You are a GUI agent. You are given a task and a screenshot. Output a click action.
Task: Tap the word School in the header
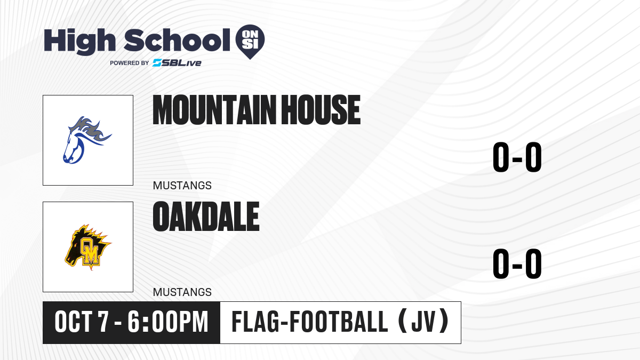point(177,41)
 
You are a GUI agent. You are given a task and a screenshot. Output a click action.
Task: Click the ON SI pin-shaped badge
point(250,42)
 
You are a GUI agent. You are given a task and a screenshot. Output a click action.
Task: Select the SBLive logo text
point(177,63)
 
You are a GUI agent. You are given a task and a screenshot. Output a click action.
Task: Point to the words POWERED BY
point(129,63)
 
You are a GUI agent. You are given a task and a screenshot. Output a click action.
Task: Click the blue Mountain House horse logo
point(87,140)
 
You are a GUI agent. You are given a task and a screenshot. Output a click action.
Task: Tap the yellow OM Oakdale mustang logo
point(87,247)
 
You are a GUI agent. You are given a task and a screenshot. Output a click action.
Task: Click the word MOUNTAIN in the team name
point(214,110)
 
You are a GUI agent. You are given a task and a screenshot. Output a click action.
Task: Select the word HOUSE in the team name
point(321,110)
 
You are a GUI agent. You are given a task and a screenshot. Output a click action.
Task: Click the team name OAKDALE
point(206,217)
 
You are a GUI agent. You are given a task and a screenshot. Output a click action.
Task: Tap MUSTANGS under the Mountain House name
point(182,186)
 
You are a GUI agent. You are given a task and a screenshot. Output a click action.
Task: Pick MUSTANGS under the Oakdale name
point(182,292)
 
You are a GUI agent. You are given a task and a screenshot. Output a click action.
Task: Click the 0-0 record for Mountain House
point(517,157)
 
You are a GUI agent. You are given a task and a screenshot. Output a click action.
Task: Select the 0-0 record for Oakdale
point(517,263)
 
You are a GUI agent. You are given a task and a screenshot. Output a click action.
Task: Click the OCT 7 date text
point(82,322)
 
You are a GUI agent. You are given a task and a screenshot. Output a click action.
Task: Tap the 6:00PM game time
point(167,322)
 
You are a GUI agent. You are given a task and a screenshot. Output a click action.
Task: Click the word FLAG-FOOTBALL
point(310,322)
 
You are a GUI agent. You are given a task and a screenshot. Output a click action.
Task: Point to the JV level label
point(423,322)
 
